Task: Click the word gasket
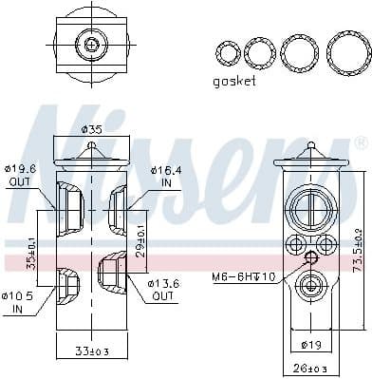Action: tap(235, 81)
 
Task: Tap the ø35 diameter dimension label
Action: tap(91, 129)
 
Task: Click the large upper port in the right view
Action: tap(312, 209)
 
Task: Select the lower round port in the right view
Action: tap(312, 284)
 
